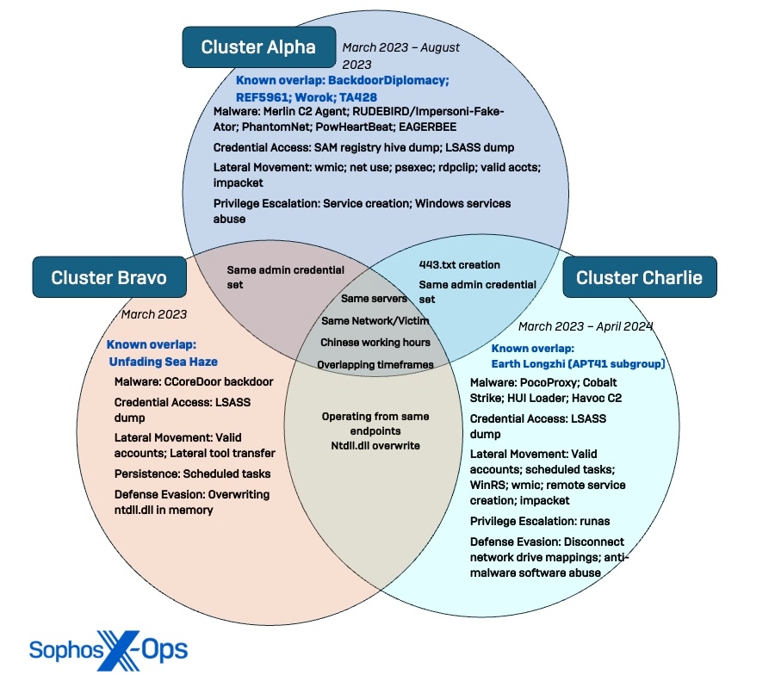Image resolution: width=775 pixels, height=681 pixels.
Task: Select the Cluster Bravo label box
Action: coord(108,277)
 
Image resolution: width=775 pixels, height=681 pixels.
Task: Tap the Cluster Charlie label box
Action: coord(639,277)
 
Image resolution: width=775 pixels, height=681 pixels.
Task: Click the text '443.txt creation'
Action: coord(459,264)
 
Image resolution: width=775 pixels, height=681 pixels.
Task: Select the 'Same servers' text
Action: coord(374,299)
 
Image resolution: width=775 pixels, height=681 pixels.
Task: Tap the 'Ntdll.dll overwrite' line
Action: coord(375,445)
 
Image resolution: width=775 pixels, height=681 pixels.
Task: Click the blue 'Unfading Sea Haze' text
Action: coord(164,362)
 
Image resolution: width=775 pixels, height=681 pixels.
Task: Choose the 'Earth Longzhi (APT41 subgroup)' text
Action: coord(578,364)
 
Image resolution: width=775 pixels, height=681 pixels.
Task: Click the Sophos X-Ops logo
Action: coord(108,649)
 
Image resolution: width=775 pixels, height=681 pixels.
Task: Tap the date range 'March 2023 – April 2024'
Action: coord(586,326)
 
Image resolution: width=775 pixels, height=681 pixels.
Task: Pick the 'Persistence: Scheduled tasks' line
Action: coord(192,474)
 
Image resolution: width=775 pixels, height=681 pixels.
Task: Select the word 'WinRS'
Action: coord(487,485)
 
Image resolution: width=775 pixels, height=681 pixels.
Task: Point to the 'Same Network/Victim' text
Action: coord(375,320)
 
